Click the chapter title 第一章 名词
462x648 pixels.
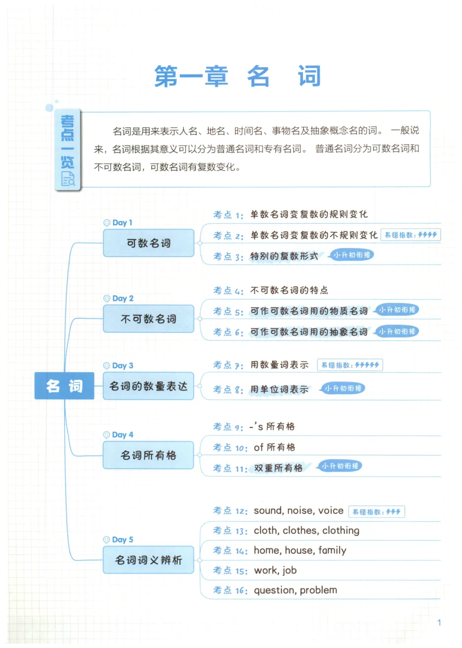click(x=237, y=76)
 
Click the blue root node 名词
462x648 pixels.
click(x=64, y=386)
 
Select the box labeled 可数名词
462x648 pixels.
click(x=148, y=243)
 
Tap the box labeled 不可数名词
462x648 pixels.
click(x=148, y=319)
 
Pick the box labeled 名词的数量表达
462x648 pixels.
click(x=148, y=386)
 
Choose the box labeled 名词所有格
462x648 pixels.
click(x=148, y=455)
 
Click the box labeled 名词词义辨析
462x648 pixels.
click(x=148, y=560)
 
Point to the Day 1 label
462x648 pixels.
click(x=122, y=223)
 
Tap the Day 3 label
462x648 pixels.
click(x=122, y=366)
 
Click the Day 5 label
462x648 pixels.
click(x=122, y=540)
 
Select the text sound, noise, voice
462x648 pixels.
click(x=299, y=511)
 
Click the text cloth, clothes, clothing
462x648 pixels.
click(x=306, y=531)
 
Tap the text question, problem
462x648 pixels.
click(x=295, y=590)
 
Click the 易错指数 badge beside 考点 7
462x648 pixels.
click(x=350, y=365)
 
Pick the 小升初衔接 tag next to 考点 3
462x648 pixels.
click(x=351, y=255)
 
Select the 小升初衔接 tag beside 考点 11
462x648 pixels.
click(x=340, y=466)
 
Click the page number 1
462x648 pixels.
click(x=439, y=623)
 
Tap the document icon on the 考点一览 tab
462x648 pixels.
click(x=68, y=178)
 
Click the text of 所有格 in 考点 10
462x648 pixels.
click(x=274, y=448)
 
